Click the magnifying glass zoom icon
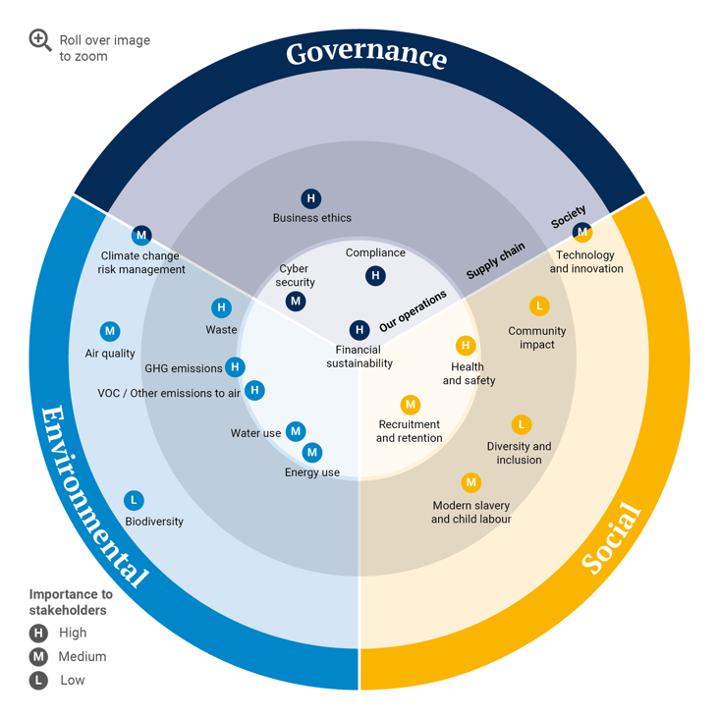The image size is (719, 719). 40,40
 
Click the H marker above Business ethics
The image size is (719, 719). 311,198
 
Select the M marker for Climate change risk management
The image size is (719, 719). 141,235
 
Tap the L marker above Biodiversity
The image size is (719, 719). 134,500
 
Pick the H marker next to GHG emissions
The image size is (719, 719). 235,366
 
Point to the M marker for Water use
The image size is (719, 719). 296,431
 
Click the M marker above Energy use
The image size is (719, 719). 312,453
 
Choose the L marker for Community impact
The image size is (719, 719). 539,305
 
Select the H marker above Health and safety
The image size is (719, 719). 466,346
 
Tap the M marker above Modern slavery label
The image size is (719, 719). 470,482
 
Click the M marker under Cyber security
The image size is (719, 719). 296,302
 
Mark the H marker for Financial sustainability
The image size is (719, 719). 359,330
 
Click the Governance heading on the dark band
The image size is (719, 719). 366,55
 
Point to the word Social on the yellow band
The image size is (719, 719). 611,537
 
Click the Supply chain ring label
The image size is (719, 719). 495,260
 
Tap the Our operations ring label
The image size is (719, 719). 413,311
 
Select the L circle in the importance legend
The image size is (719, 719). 38,681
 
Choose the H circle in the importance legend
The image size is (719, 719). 38,634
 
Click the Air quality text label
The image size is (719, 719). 110,354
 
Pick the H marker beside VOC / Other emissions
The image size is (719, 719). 254,390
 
